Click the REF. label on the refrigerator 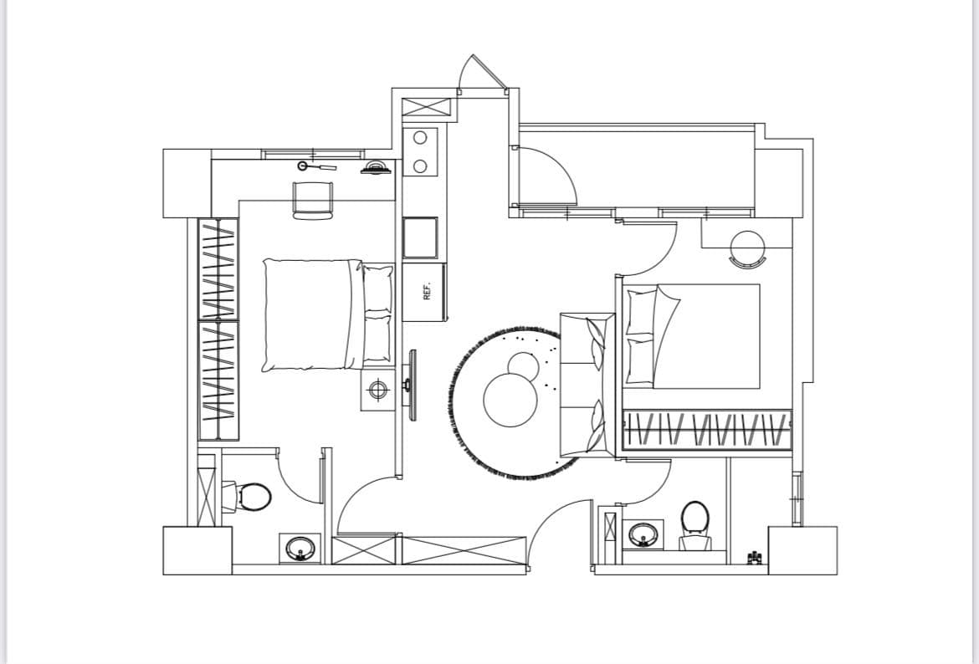pyautogui.click(x=427, y=291)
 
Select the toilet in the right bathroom pyautogui.click(x=695, y=526)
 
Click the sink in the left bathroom pyautogui.click(x=300, y=549)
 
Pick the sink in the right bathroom pyautogui.click(x=643, y=535)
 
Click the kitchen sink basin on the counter pyautogui.click(x=420, y=238)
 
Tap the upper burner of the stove pyautogui.click(x=420, y=138)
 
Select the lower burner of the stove pyautogui.click(x=420, y=166)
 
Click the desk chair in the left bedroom pyautogui.click(x=312, y=201)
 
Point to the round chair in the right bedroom pyautogui.click(x=748, y=249)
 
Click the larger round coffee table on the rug pyautogui.click(x=510, y=400)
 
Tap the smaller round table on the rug pyautogui.click(x=523, y=368)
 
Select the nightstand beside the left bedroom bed pyautogui.click(x=377, y=391)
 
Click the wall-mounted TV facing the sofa pyautogui.click(x=412, y=385)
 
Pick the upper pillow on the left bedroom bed pyautogui.click(x=377, y=289)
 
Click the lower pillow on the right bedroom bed pyautogui.click(x=640, y=360)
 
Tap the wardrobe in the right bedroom pyautogui.click(x=707, y=430)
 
